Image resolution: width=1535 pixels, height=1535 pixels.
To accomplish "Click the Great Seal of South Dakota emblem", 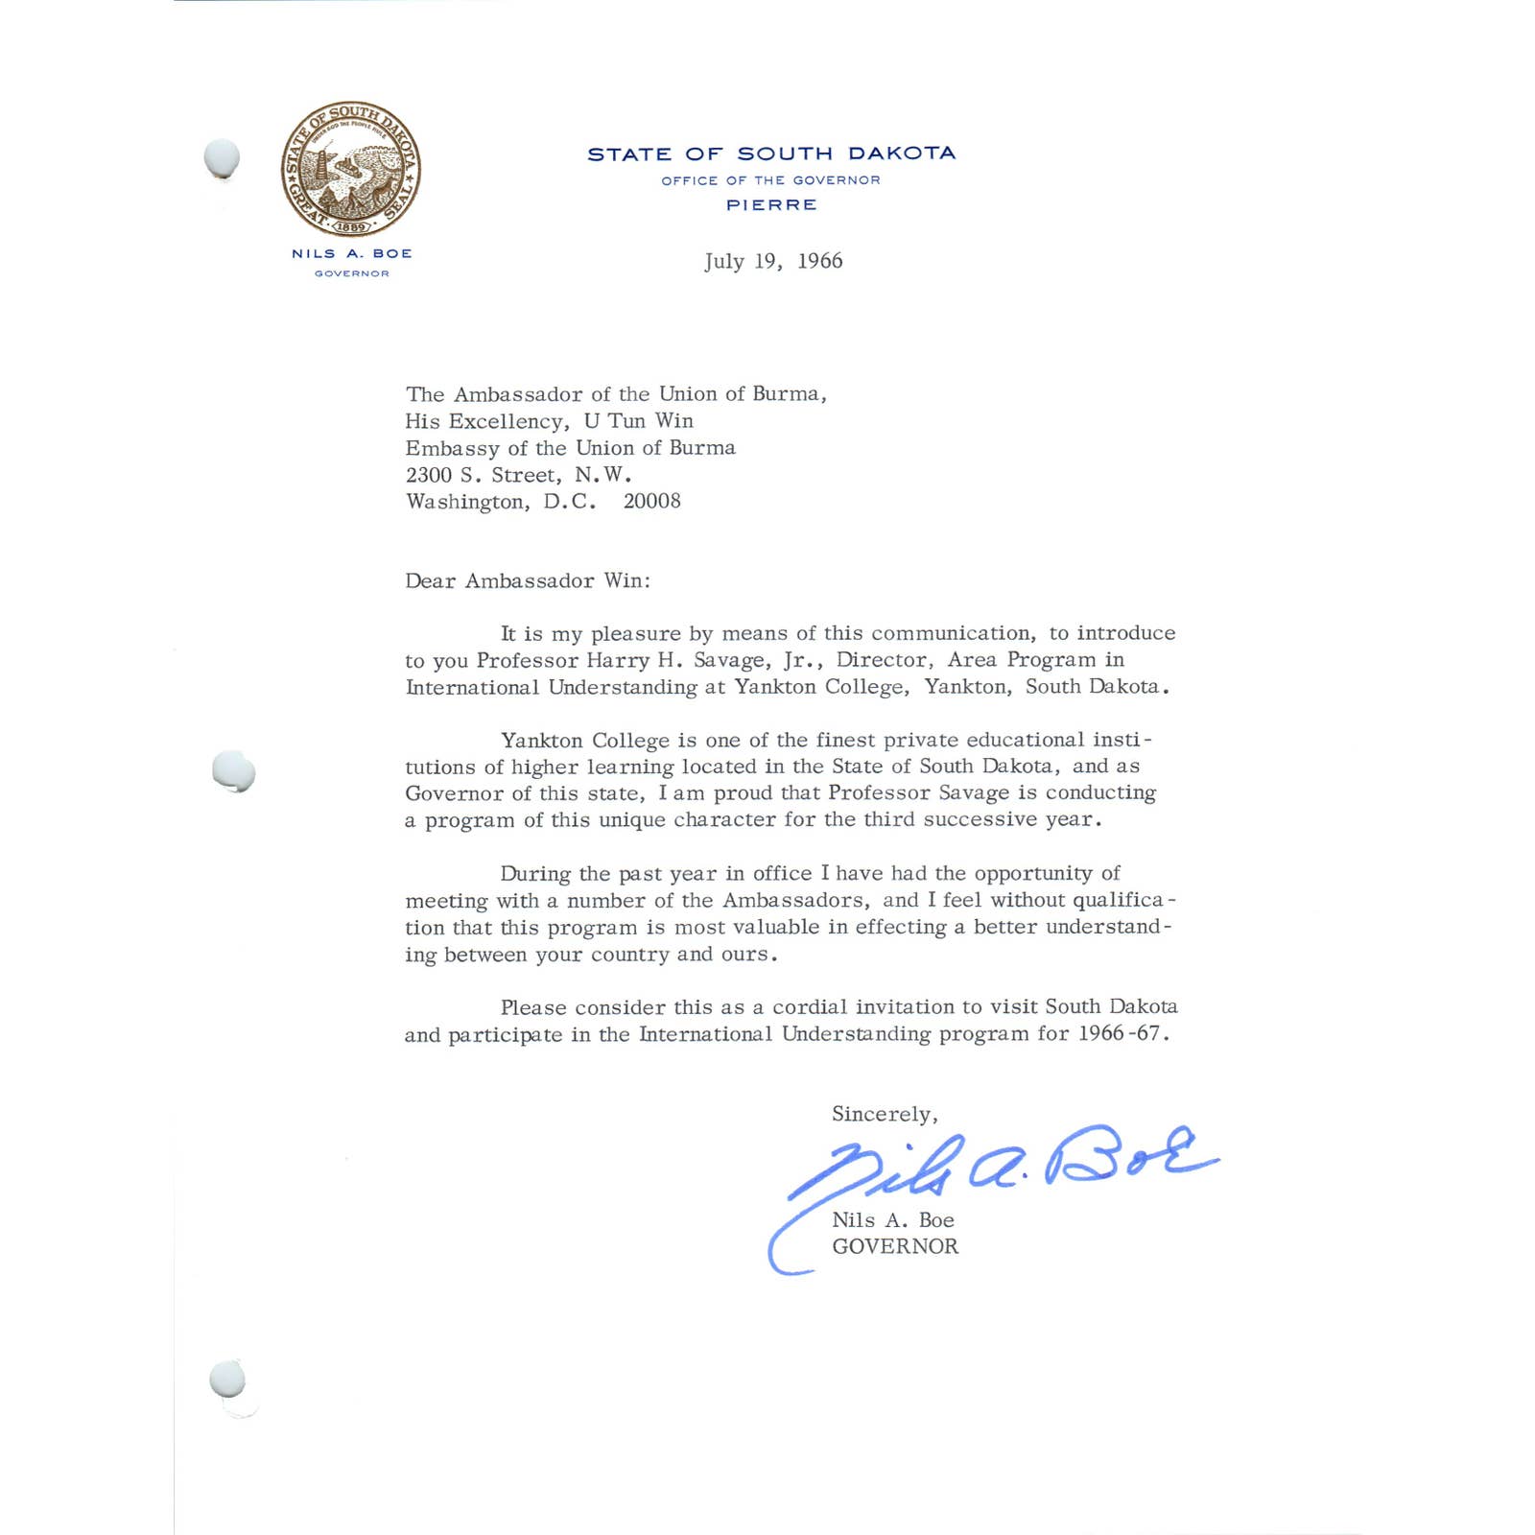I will [x=351, y=169].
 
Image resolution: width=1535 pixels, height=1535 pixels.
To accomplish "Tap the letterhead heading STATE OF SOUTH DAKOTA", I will [x=771, y=153].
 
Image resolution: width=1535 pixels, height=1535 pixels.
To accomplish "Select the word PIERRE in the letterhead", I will [x=771, y=205].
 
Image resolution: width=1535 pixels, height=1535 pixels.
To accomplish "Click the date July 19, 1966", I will [x=773, y=261].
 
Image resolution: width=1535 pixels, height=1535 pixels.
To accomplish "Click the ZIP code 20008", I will [x=652, y=501].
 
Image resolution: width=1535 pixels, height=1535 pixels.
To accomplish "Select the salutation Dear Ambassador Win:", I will [x=528, y=580].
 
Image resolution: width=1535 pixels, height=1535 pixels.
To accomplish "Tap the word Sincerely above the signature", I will [x=883, y=1114].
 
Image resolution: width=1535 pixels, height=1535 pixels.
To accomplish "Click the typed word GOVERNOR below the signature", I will [x=895, y=1246].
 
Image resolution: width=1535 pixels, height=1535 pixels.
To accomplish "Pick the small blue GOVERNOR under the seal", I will [x=352, y=273].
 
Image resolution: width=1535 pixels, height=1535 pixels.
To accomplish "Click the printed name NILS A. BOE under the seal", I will [x=352, y=253].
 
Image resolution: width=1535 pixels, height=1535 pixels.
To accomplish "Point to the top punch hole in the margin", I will [x=223, y=158].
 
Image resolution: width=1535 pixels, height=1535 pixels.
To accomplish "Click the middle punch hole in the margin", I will [x=233, y=771].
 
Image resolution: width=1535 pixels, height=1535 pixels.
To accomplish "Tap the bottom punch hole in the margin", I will [x=227, y=1381].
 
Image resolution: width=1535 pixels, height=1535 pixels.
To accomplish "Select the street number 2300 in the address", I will [x=428, y=475].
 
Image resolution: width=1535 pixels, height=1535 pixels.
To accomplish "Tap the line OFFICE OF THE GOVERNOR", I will [x=771, y=180].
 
